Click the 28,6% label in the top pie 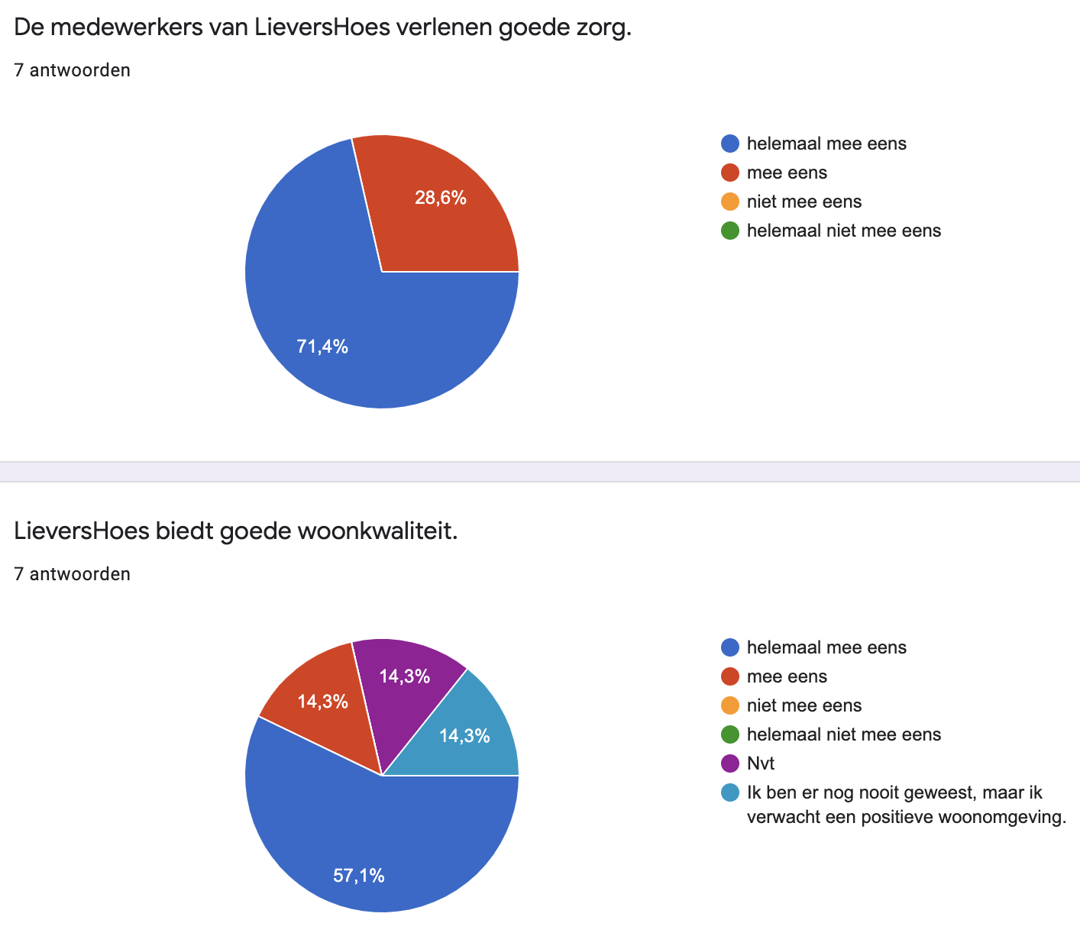(441, 198)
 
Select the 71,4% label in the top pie (322, 347)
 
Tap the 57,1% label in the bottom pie (359, 876)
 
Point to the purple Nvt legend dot (730, 763)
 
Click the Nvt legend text (761, 763)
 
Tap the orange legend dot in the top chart (730, 202)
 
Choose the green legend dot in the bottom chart (730, 734)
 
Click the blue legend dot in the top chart (730, 144)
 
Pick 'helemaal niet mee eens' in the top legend (843, 231)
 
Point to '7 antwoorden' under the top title (72, 70)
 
